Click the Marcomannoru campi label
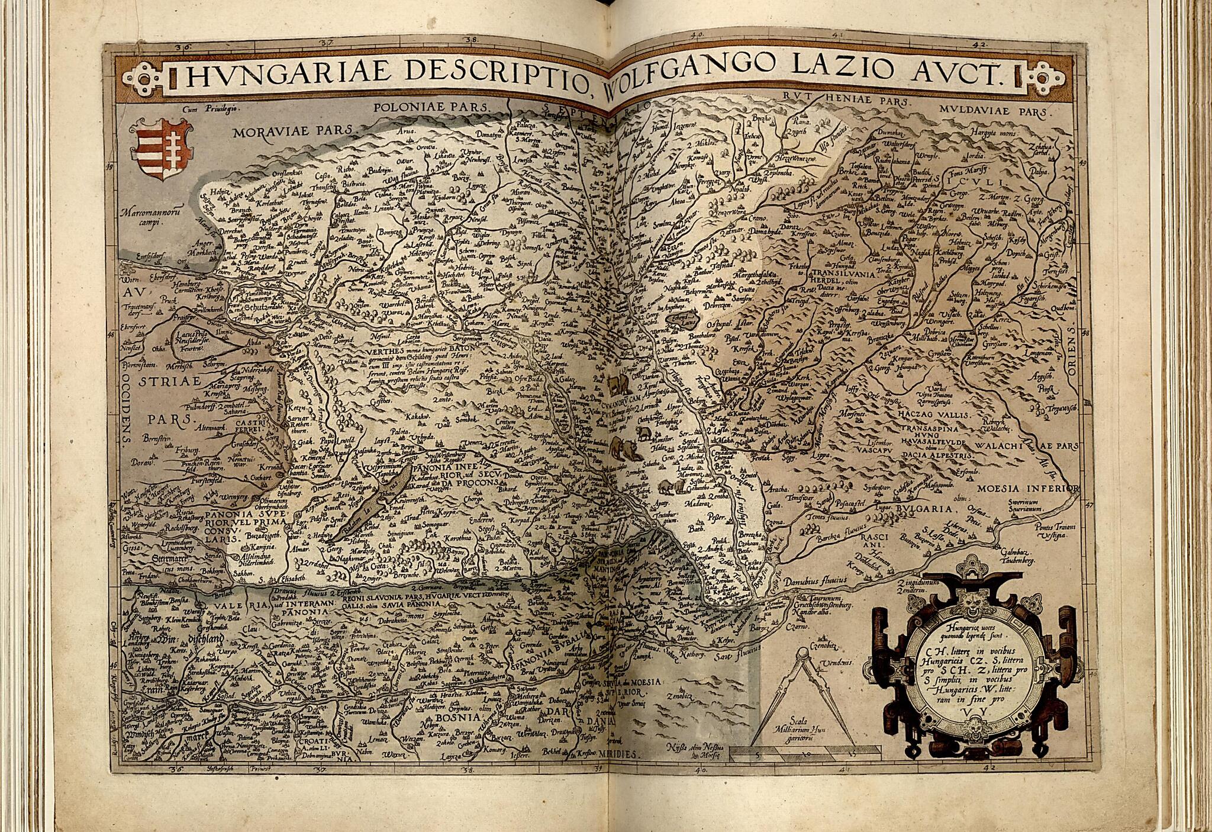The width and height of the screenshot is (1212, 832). pyautogui.click(x=146, y=214)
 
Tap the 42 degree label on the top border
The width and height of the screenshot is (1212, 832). pyautogui.click(x=979, y=43)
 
